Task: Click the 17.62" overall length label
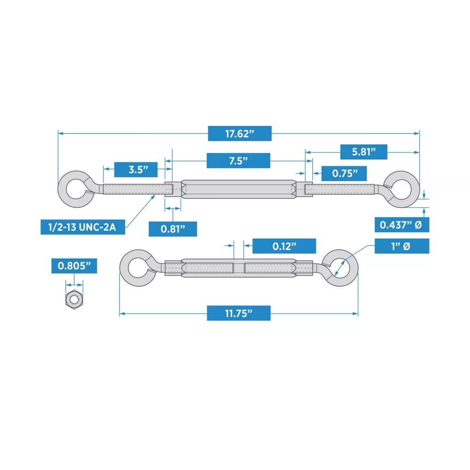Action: pyautogui.click(x=239, y=133)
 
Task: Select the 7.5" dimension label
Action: pyautogui.click(x=238, y=161)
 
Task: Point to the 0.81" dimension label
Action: pyautogui.click(x=172, y=229)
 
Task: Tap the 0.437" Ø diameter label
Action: pyautogui.click(x=401, y=225)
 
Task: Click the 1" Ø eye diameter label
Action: pyautogui.click(x=401, y=246)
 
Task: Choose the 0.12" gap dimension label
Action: pyautogui.click(x=284, y=246)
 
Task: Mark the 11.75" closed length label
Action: pyautogui.click(x=238, y=313)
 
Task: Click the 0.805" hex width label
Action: pyautogui.click(x=74, y=266)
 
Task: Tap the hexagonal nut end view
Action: pyautogui.click(x=74, y=299)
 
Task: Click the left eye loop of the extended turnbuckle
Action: pyautogui.click(x=75, y=190)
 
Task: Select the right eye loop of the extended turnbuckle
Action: pyautogui.click(x=403, y=189)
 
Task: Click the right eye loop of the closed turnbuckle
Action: pyautogui.click(x=341, y=267)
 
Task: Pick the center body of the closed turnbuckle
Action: pyautogui.click(x=239, y=268)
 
